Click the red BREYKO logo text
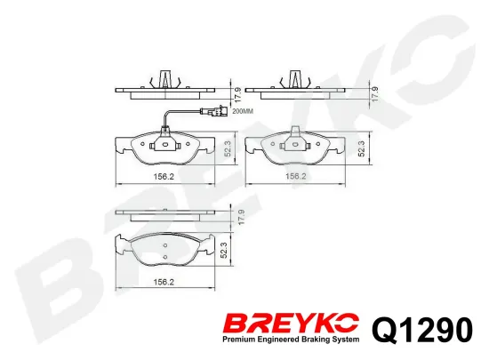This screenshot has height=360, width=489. pyautogui.click(x=292, y=323)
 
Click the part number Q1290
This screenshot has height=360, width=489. pyautogui.click(x=422, y=329)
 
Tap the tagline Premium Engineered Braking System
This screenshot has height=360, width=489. pyautogui.click(x=291, y=340)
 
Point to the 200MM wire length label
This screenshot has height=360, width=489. pyautogui.click(x=243, y=111)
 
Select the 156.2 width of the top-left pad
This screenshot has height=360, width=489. pyautogui.click(x=164, y=177)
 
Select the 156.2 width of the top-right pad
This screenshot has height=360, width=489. pyautogui.click(x=296, y=176)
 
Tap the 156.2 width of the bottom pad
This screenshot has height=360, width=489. pyautogui.click(x=164, y=282)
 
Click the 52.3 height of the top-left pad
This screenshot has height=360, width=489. pyautogui.click(x=228, y=148)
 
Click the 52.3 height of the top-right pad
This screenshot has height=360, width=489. pyautogui.click(x=361, y=148)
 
